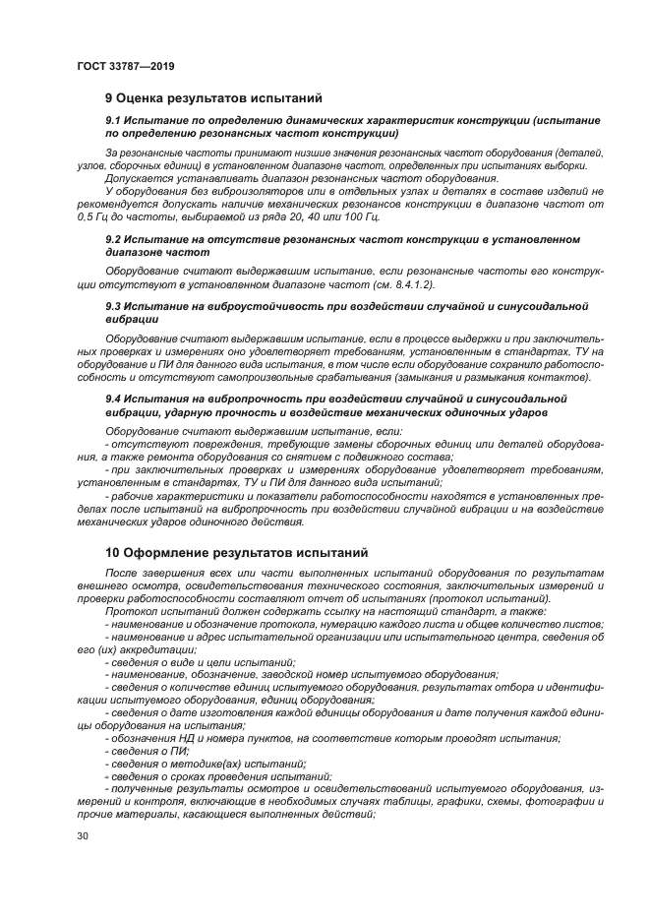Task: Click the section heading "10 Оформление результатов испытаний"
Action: [236, 553]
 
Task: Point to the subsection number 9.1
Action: [114, 120]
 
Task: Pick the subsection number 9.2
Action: [114, 239]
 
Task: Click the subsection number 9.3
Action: [114, 306]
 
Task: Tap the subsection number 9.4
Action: [114, 397]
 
